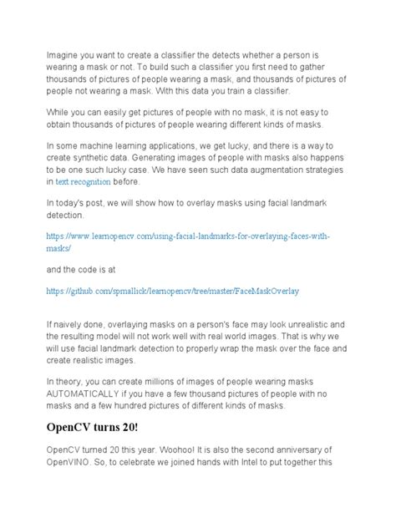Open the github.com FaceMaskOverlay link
172,292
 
